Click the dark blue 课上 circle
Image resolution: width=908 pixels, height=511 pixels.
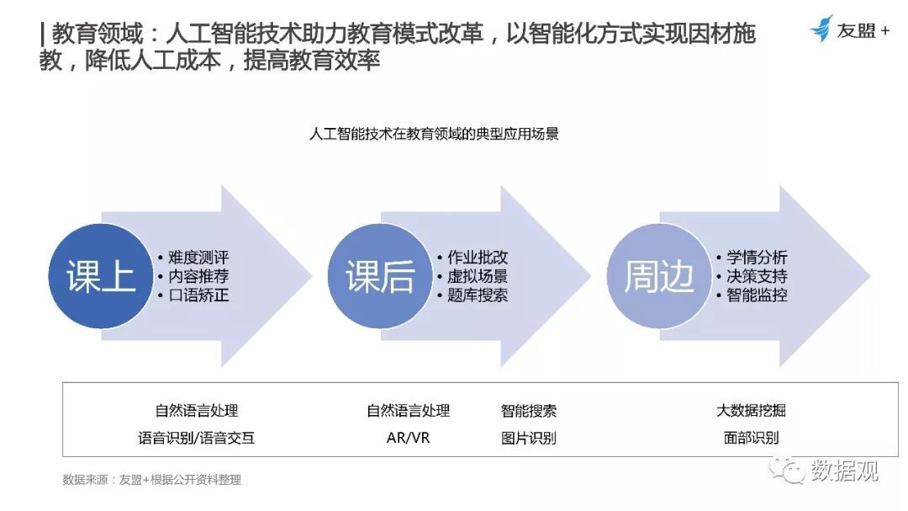pos(101,276)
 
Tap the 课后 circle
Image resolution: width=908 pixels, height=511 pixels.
pos(380,276)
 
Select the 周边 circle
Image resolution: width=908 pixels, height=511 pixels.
pos(659,276)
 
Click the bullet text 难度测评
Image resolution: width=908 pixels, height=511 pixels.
pos(198,257)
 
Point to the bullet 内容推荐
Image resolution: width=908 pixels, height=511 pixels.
pos(198,276)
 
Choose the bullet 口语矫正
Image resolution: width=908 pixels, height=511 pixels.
pos(198,295)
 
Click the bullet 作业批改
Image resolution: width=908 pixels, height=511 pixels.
pos(478,257)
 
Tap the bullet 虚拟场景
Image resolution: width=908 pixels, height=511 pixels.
pos(478,276)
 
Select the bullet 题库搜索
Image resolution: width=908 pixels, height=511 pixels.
pos(478,295)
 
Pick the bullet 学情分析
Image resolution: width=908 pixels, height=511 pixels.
pos(757,257)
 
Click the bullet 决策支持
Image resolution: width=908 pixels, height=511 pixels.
pos(757,276)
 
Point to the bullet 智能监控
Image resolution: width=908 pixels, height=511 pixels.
pos(757,295)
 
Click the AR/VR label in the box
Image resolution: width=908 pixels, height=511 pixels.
pos(409,438)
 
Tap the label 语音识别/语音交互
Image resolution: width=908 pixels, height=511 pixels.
pos(196,438)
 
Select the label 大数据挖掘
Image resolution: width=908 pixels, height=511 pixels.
pos(751,411)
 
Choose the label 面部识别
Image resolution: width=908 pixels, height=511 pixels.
pos(751,438)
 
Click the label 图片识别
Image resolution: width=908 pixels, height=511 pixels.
pos(529,438)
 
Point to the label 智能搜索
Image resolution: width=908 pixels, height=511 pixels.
pos(529,411)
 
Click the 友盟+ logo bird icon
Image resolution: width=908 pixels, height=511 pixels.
pos(821,29)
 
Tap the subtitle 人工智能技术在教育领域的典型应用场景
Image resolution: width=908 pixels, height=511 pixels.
pos(435,134)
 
